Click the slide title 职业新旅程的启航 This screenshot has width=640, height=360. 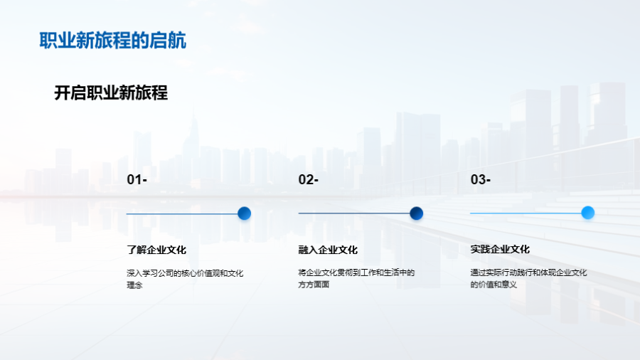click(x=112, y=41)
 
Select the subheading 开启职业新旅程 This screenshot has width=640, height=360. click(x=111, y=92)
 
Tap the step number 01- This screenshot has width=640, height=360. click(x=137, y=179)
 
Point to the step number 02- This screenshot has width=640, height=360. click(x=308, y=179)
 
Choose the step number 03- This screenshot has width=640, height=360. click(x=481, y=179)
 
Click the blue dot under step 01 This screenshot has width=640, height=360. click(x=244, y=213)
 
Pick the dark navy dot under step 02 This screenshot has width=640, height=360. click(x=416, y=213)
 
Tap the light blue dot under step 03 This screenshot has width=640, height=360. click(x=588, y=213)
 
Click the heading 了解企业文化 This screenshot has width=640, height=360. click(x=156, y=250)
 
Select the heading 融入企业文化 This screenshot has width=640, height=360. click(x=328, y=250)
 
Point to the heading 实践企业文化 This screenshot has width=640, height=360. click(x=500, y=249)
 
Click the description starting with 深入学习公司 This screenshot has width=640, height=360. click(x=185, y=279)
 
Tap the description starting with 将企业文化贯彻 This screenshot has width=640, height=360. click(x=356, y=278)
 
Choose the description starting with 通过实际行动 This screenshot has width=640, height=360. click(x=528, y=278)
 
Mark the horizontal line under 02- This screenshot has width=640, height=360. click(x=354, y=213)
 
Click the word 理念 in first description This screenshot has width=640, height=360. click(x=134, y=285)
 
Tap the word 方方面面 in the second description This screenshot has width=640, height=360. click(x=314, y=285)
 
